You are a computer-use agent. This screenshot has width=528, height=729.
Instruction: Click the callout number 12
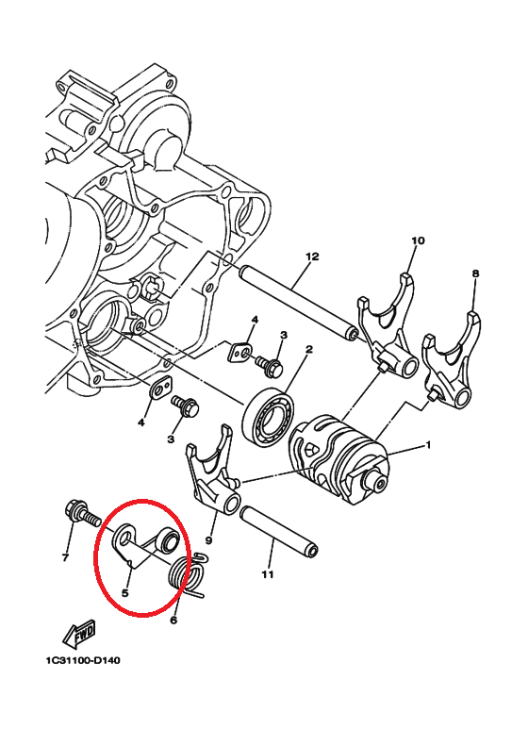(312, 257)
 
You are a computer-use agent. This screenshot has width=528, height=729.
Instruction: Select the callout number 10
(418, 240)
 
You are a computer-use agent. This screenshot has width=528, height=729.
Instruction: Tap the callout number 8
(475, 273)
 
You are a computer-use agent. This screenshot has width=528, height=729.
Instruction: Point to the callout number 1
(428, 445)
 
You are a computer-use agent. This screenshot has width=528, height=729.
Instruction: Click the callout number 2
(309, 349)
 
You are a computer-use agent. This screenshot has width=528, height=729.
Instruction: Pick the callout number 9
(208, 539)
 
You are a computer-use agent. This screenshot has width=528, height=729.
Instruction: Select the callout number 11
(267, 574)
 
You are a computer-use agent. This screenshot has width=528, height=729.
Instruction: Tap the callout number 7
(65, 556)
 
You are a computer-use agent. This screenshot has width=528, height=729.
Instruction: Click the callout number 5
(124, 593)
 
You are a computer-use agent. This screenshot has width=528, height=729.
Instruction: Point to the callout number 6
(173, 620)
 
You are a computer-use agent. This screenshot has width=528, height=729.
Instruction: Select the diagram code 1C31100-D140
(83, 660)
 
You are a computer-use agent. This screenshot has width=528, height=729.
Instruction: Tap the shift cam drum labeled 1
(338, 458)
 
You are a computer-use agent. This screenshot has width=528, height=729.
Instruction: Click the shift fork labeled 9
(213, 473)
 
